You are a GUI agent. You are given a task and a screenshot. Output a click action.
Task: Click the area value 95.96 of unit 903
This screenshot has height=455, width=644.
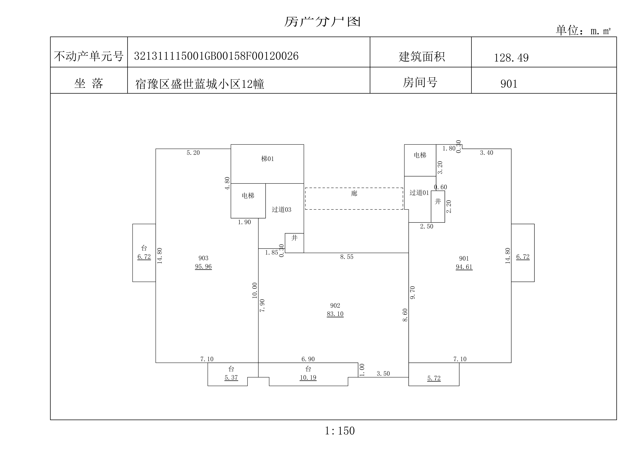tap(203, 267)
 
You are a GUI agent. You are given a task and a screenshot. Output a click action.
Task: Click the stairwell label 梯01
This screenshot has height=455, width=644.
tap(267, 159)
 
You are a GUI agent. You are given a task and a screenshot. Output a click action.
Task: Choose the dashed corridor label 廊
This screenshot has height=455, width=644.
tap(354, 194)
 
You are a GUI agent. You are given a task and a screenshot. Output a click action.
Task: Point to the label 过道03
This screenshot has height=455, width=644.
tap(281, 210)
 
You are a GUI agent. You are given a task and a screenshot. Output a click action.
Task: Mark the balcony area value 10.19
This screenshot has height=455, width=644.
tap(308, 378)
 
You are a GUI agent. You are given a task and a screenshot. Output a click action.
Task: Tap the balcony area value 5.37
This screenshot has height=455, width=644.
tap(231, 378)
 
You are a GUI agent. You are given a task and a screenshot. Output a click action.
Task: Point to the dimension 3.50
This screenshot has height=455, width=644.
tap(383, 374)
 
